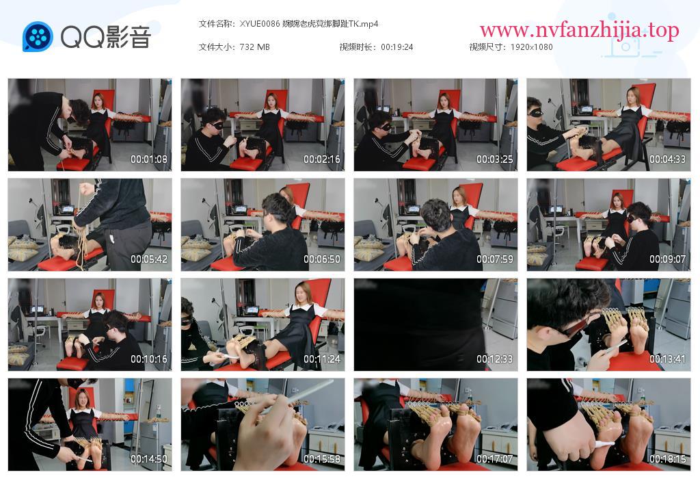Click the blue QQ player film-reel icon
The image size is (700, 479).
[x=38, y=37]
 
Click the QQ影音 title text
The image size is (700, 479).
[x=106, y=37]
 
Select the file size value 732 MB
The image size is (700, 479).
[x=254, y=47]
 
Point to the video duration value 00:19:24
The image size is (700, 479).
[x=397, y=47]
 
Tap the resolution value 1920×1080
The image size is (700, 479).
[x=531, y=47]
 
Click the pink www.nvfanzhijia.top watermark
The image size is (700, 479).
[x=579, y=30]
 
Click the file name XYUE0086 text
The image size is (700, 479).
[x=260, y=24]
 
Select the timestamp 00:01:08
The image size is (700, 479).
[x=148, y=159]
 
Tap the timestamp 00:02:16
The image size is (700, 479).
[x=322, y=159]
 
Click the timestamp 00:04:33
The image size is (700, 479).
[x=667, y=159]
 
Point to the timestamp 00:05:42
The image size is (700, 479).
[x=148, y=259]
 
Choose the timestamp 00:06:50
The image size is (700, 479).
[x=322, y=259]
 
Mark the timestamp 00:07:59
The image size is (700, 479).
[x=495, y=259]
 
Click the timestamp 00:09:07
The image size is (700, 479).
[x=667, y=259]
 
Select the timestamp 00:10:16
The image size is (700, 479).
[x=148, y=359]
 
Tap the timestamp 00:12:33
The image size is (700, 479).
[x=495, y=359]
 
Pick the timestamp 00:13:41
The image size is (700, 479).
[x=667, y=359]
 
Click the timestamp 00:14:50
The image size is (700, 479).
[x=148, y=459]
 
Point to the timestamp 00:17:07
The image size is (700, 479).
[x=495, y=459]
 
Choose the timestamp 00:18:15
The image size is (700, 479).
[x=667, y=459]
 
